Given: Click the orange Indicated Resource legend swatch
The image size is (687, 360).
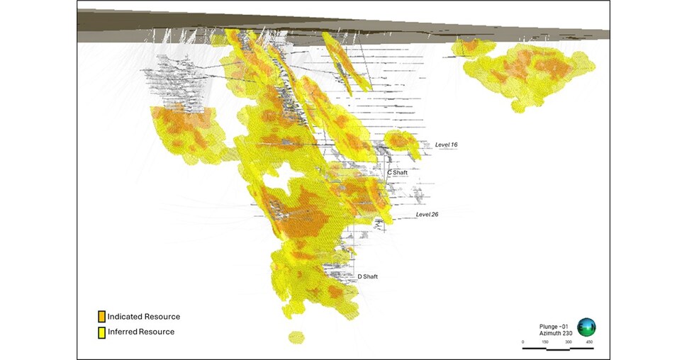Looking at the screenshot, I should coord(102,317).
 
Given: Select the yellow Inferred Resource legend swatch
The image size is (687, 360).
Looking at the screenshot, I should coord(102,332).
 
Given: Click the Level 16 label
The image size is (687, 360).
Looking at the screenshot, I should coord(446,145).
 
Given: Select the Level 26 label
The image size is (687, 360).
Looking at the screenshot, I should coord(427,214).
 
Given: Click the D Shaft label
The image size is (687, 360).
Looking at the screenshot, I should coord(367,276).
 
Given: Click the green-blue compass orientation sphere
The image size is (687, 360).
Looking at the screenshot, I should coord(586,327).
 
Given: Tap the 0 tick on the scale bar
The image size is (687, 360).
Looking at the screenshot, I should coord(523,342).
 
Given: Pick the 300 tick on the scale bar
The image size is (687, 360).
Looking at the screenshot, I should coord(569,342).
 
